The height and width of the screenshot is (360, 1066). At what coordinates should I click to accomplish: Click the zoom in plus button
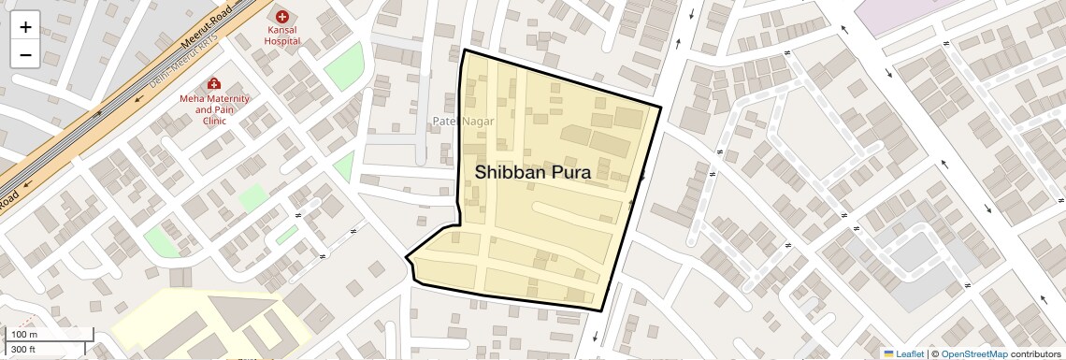click(25, 27)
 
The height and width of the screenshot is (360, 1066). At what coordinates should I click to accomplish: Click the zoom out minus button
click(25, 54)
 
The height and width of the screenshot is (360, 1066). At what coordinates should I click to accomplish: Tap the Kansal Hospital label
click(281, 36)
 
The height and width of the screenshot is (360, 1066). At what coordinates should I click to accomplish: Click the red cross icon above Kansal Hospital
click(281, 16)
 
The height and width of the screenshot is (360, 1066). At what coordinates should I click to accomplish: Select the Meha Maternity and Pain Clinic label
click(215, 109)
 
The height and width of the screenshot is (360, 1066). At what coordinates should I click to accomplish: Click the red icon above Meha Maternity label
click(214, 83)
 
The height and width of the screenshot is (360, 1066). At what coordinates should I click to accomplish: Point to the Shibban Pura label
click(533, 172)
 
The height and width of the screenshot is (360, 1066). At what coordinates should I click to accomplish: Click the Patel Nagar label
click(463, 122)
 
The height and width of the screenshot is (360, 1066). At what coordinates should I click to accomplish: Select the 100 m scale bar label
click(24, 335)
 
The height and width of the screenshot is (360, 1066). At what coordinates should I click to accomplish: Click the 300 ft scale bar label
click(23, 350)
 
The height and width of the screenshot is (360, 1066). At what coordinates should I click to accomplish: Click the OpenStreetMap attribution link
click(973, 354)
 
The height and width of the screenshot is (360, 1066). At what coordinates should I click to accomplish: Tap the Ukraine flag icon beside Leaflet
click(888, 354)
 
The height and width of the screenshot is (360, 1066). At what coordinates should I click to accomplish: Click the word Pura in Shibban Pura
click(564, 172)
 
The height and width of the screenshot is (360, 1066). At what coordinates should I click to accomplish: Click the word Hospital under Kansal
click(281, 41)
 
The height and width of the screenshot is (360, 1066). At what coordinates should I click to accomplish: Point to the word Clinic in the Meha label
click(215, 121)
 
